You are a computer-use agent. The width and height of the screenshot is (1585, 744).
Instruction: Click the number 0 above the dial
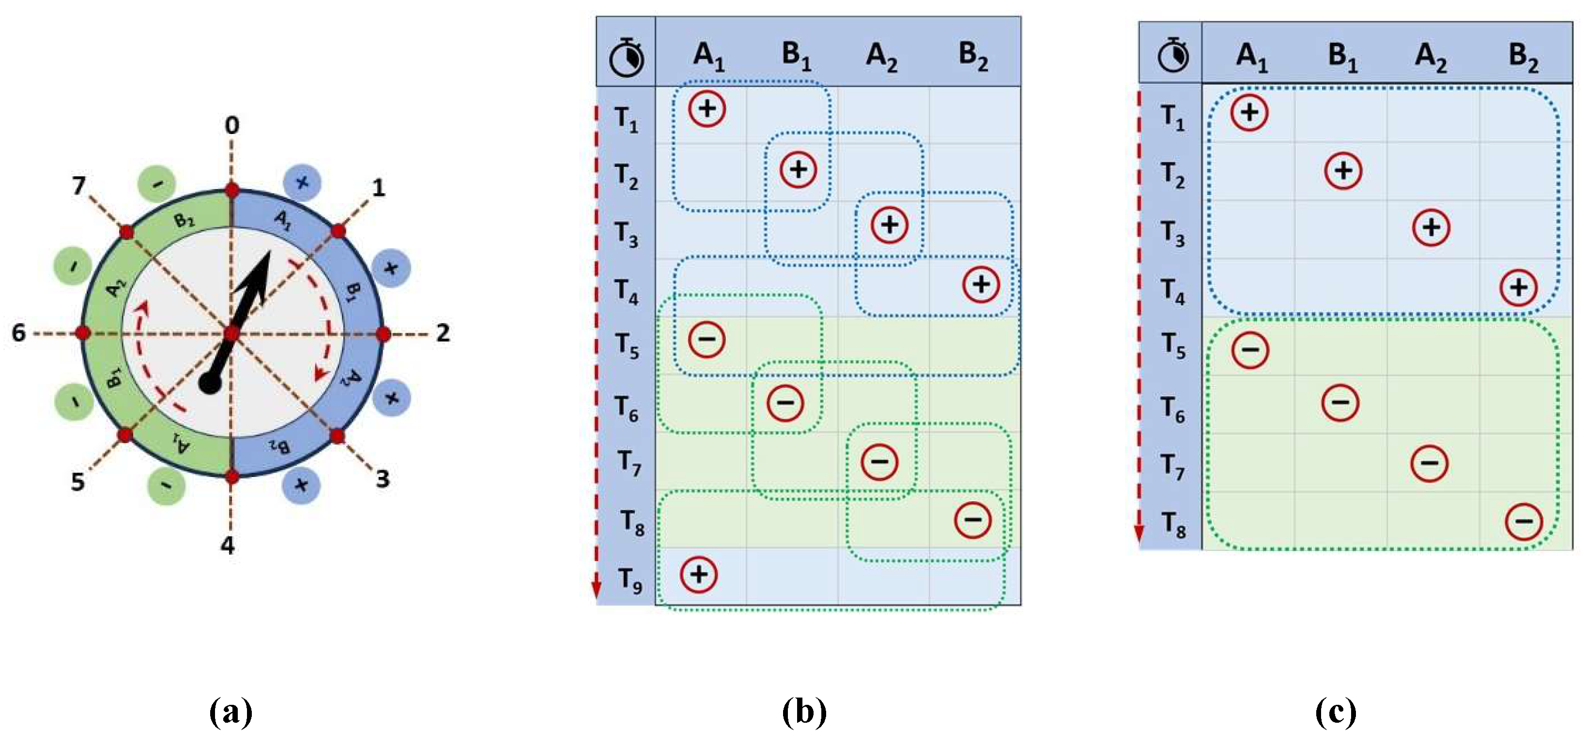pyautogui.click(x=232, y=125)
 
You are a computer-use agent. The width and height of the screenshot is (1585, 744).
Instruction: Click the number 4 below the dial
pyautogui.click(x=228, y=545)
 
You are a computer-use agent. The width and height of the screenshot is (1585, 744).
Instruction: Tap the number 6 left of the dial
pyautogui.click(x=19, y=333)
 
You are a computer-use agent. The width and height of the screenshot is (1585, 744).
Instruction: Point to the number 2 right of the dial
pyautogui.click(x=443, y=333)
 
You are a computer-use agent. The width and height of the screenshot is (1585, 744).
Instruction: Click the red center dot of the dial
pyautogui.click(x=232, y=334)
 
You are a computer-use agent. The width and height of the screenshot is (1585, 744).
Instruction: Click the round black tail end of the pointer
pyautogui.click(x=210, y=384)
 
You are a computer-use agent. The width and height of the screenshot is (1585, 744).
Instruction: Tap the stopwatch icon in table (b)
pyautogui.click(x=626, y=57)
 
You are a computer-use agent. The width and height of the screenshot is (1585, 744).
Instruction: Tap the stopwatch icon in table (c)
pyautogui.click(x=1173, y=55)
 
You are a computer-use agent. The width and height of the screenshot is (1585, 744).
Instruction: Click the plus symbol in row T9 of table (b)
pyautogui.click(x=698, y=574)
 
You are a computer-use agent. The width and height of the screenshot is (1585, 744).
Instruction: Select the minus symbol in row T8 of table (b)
pyautogui.click(x=973, y=520)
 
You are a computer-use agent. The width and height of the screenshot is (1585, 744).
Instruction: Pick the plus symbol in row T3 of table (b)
pyautogui.click(x=890, y=224)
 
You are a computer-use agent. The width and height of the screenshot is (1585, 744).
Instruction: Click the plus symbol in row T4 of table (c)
pyautogui.click(x=1519, y=287)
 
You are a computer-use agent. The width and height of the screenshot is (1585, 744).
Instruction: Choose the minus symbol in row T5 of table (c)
pyautogui.click(x=1250, y=350)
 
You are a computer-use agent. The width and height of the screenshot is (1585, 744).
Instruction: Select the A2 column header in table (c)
pyautogui.click(x=1431, y=57)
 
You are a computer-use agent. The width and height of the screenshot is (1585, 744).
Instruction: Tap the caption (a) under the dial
pyautogui.click(x=231, y=713)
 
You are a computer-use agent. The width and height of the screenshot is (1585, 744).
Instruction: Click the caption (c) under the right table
pyautogui.click(x=1336, y=713)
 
